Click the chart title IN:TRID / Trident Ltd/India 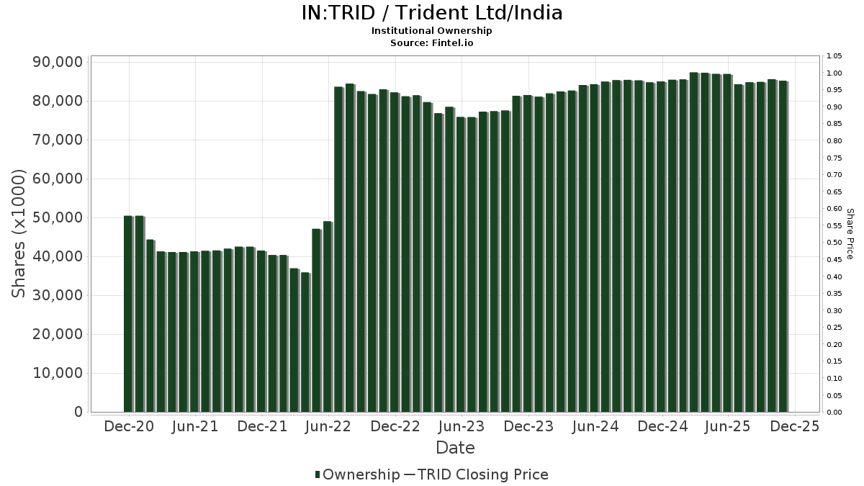pyautogui.click(x=431, y=13)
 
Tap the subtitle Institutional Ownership pyautogui.click(x=431, y=31)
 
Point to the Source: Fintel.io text pyautogui.click(x=431, y=42)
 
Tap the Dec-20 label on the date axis pyautogui.click(x=130, y=426)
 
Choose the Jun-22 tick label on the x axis pyautogui.click(x=329, y=426)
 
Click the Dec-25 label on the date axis pyautogui.click(x=795, y=426)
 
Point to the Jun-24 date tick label pyautogui.click(x=595, y=426)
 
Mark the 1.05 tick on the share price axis pyautogui.click(x=834, y=56)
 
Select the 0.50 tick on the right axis pyautogui.click(x=834, y=243)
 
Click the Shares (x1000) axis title pyautogui.click(x=19, y=233)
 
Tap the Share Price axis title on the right pyautogui.click(x=850, y=233)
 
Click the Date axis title pyautogui.click(x=455, y=448)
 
